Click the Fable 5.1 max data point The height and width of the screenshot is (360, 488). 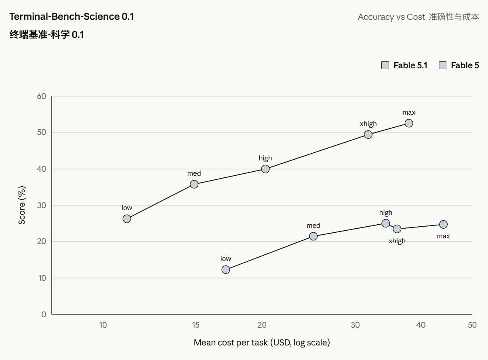[409, 123]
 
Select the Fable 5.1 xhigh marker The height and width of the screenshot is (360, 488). [368, 135]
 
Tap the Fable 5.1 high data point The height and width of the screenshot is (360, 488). [265, 169]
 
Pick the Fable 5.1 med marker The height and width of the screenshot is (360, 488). [194, 184]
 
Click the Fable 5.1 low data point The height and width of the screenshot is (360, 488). [127, 219]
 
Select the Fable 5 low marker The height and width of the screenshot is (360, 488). [226, 270]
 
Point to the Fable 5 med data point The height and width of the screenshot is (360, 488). [313, 236]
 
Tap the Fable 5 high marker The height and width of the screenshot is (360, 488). [386, 223]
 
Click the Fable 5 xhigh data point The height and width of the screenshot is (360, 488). [397, 229]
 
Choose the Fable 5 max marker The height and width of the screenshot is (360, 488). [444, 225]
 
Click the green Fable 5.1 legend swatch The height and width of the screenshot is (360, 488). [385, 65]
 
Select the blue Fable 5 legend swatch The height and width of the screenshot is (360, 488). [442, 65]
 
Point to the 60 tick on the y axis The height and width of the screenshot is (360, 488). [41, 96]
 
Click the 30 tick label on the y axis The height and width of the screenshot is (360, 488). [41, 206]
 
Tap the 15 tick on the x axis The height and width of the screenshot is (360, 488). [196, 325]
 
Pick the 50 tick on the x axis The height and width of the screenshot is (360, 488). [472, 325]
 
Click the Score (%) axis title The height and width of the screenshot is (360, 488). [22, 205]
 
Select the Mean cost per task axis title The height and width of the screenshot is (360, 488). [262, 343]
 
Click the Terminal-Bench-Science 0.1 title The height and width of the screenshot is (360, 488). [72, 17]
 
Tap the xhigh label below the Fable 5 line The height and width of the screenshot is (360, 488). [397, 241]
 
